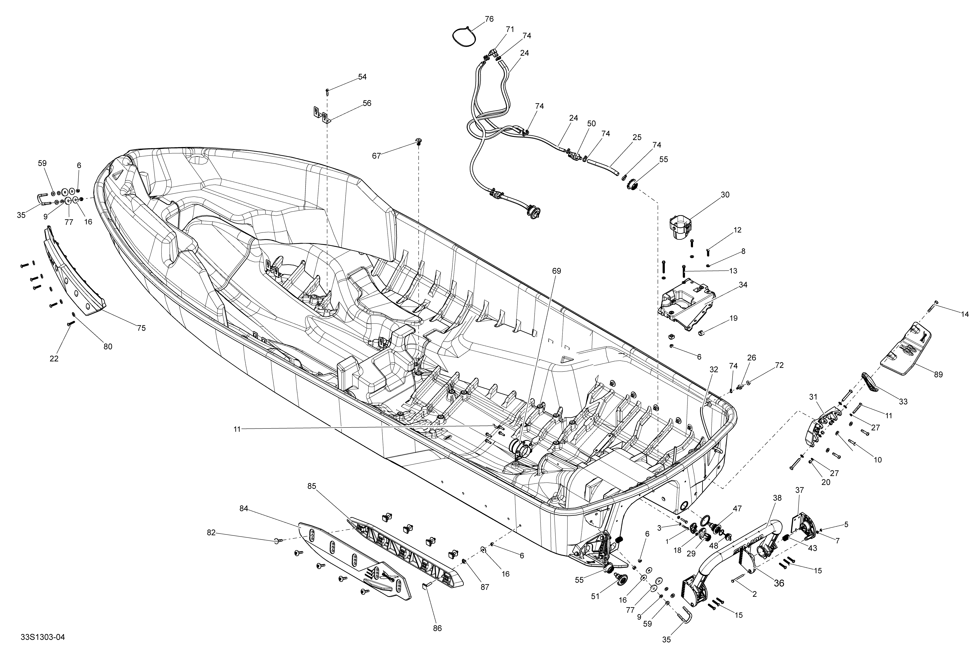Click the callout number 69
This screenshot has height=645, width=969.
coord(556,271)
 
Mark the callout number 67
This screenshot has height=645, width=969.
coord(376,155)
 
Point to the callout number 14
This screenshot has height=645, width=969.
coord(965,314)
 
